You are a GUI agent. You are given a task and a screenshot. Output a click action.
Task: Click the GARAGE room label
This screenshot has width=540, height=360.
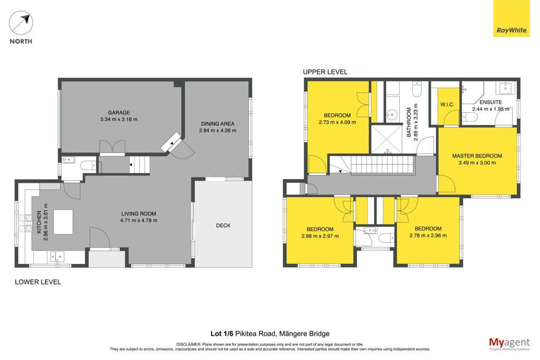119,113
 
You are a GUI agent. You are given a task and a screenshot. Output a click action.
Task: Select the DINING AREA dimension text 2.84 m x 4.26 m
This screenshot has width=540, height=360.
218,130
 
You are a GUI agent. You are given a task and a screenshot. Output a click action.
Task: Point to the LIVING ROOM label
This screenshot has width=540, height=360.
139,213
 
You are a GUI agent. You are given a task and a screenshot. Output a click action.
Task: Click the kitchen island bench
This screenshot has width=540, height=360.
63,222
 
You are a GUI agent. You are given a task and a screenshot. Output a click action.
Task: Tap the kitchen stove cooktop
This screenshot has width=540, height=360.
25,223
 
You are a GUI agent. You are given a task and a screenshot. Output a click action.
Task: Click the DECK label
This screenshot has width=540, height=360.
223,226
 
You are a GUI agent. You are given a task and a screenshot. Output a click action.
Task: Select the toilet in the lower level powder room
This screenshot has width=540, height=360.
88,166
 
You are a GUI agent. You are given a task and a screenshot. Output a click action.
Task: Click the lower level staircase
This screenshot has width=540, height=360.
140,164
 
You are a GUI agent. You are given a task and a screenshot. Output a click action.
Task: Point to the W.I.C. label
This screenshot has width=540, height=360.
447,105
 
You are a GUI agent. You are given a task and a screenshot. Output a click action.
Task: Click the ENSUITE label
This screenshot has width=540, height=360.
491,102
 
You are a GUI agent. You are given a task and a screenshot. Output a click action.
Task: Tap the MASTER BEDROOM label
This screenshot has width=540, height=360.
477,156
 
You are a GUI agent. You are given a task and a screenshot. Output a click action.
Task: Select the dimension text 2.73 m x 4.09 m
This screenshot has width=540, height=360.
337,122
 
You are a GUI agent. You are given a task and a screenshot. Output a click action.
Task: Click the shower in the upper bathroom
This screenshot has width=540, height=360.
387,139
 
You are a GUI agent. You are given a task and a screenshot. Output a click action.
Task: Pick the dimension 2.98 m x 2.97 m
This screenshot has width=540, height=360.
320,236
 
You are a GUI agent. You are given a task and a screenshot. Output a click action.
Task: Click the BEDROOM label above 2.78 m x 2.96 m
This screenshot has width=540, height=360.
428,229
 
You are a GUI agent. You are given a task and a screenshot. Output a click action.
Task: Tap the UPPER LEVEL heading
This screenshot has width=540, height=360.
325,72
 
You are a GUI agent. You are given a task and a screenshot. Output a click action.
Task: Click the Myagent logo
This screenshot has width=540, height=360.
509,344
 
